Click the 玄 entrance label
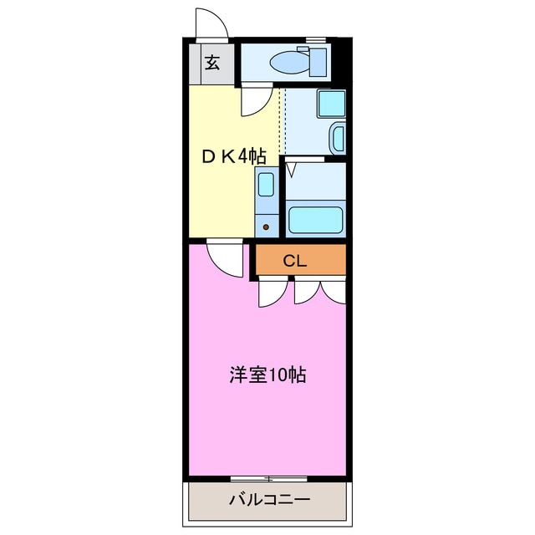pyautogui.click(x=212, y=62)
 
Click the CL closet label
pyautogui.click(x=294, y=261)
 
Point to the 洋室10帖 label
pyautogui.click(x=267, y=374)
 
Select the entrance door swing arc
pyautogui.click(x=211, y=23)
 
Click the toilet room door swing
pyautogui.click(x=256, y=102)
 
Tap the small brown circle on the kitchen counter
pyautogui.click(x=267, y=227)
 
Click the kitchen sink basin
pyautogui.click(x=267, y=182)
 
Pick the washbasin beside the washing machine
pyautogui.click(x=338, y=137)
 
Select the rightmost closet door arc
pyautogui.click(x=333, y=291)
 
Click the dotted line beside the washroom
pyautogui.click(x=284, y=117)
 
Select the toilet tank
pyautogui.click(x=318, y=61)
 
